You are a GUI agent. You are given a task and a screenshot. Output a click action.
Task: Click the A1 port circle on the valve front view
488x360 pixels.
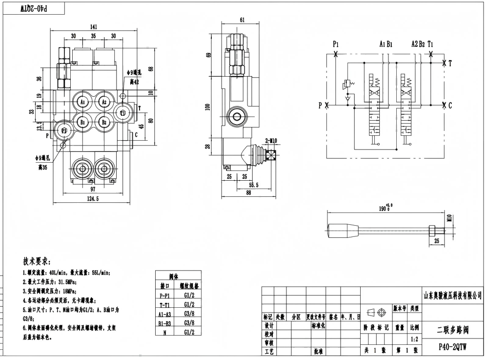[x=83, y=102]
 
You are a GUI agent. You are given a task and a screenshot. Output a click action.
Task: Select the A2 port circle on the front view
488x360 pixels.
[x=103, y=102]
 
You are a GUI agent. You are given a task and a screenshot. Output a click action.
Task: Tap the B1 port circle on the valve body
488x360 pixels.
[x=83, y=122]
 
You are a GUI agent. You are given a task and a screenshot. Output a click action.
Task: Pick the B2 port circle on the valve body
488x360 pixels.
[x=103, y=122]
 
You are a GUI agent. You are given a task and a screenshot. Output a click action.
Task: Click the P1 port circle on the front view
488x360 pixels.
[x=64, y=130]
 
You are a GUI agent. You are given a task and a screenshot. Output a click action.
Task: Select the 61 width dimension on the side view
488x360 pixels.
[x=243, y=20]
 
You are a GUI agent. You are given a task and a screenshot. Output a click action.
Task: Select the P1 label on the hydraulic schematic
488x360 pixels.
[x=336, y=44]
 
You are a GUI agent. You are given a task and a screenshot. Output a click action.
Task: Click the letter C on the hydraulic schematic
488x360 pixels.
[x=450, y=105]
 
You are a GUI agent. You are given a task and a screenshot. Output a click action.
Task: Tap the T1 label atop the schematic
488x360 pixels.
[x=430, y=44]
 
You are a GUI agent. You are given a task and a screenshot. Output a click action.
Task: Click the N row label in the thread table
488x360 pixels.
[x=164, y=332]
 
